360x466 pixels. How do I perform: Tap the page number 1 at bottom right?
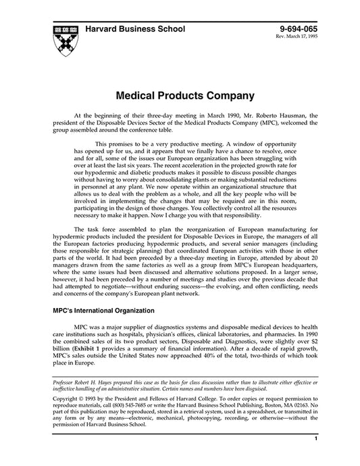point(316,458)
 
